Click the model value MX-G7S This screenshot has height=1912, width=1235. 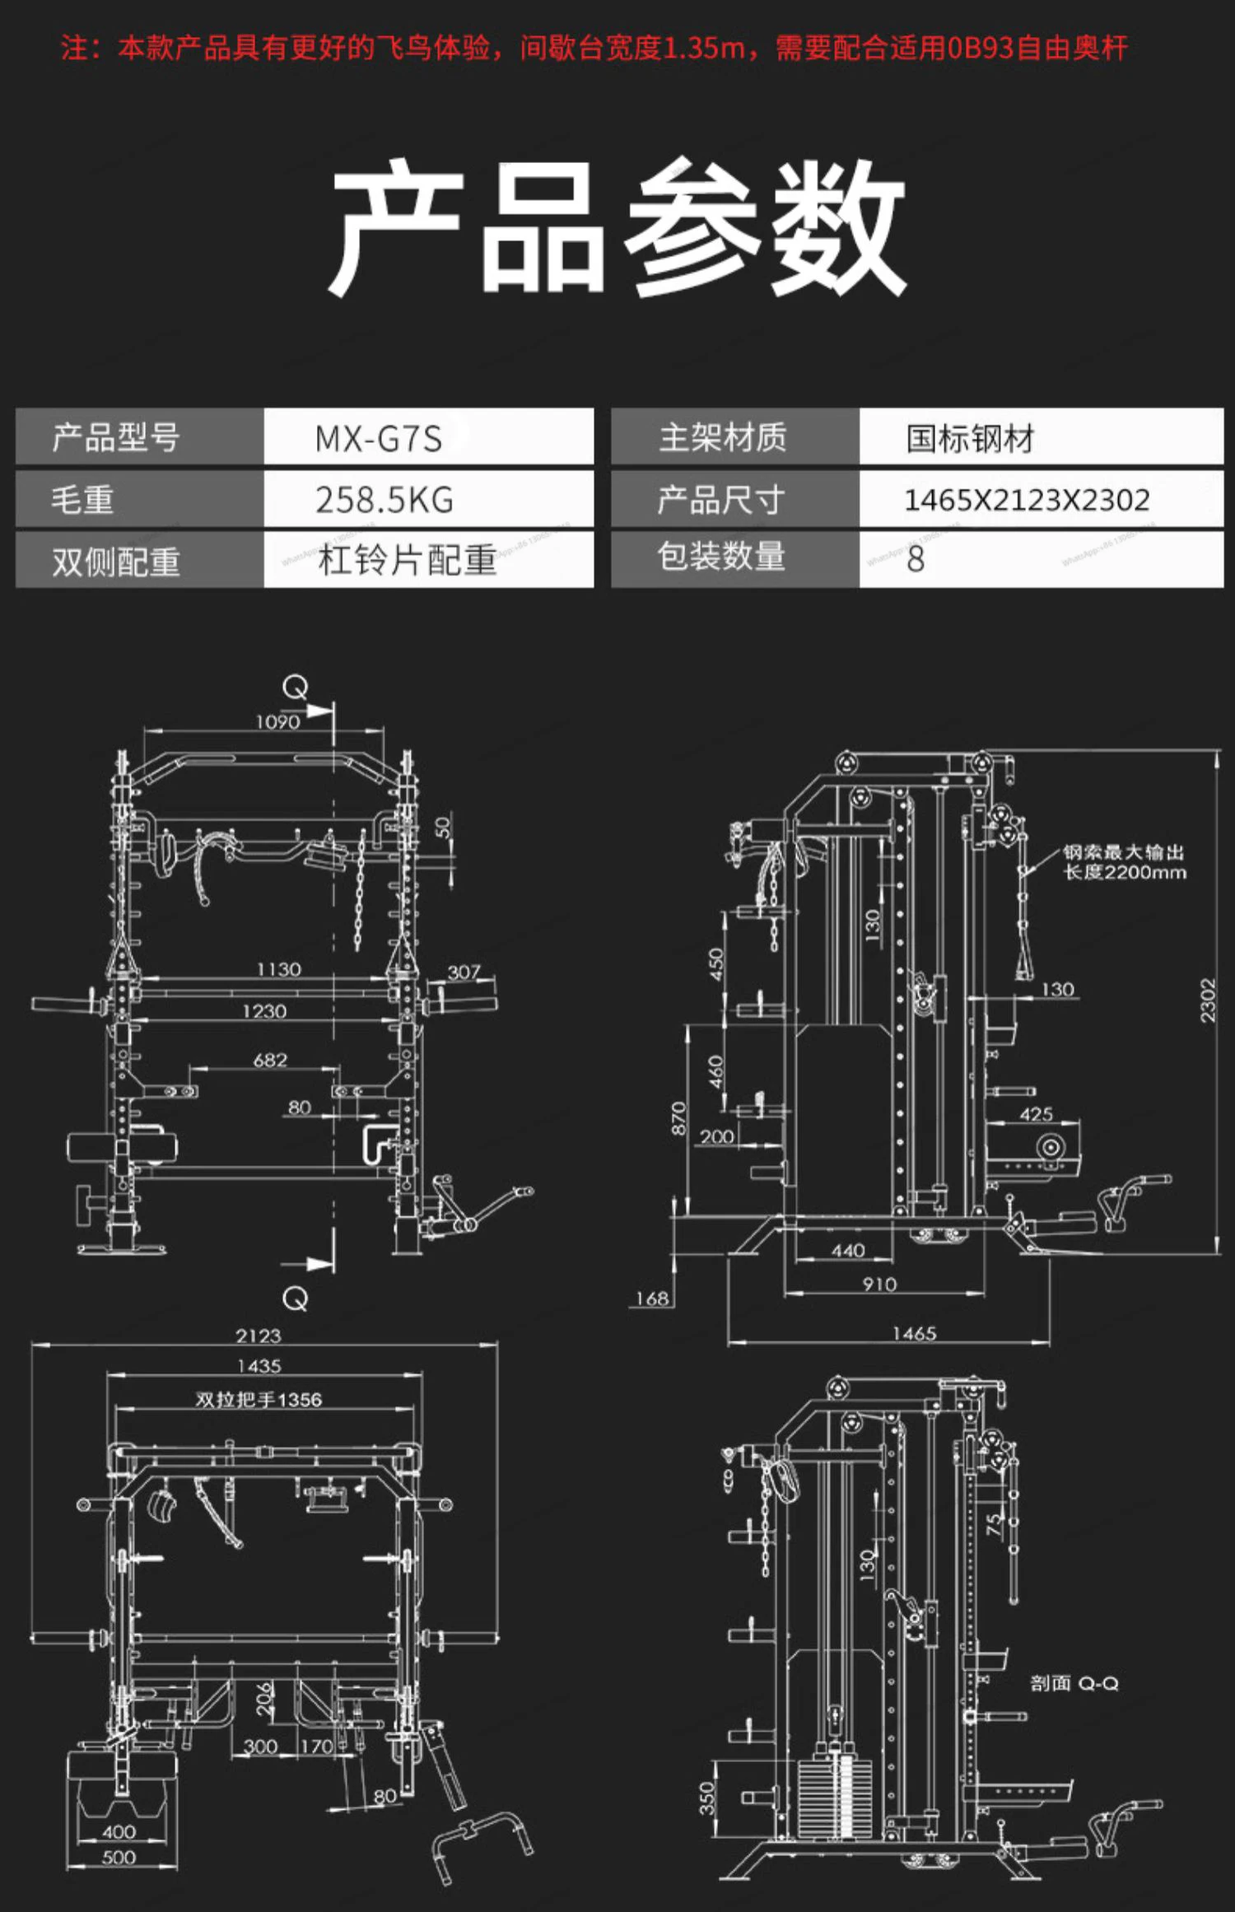click(379, 438)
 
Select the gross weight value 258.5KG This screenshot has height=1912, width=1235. click(384, 500)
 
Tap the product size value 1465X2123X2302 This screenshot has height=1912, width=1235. click(1026, 500)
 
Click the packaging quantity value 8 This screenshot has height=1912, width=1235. click(916, 560)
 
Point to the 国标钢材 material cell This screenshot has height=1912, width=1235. click(970, 438)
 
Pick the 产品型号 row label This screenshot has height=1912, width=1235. click(116, 437)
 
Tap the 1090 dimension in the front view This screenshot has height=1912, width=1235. click(277, 722)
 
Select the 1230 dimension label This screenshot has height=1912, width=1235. click(264, 1011)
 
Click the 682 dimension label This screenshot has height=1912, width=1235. click(270, 1060)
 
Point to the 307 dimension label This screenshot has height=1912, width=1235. click(464, 972)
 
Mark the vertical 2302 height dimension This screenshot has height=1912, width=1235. click(1207, 1000)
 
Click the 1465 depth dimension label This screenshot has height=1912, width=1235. click(914, 1333)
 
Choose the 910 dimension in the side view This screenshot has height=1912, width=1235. click(879, 1285)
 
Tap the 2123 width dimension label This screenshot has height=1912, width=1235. click(259, 1336)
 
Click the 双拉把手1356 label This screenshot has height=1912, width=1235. click(259, 1399)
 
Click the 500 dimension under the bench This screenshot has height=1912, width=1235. click(119, 1858)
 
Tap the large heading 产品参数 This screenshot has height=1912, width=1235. click(617, 226)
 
